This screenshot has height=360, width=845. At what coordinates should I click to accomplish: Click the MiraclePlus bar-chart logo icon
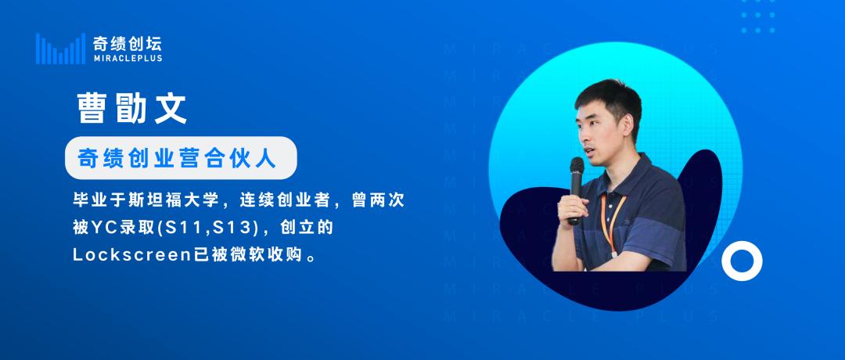click(x=59, y=49)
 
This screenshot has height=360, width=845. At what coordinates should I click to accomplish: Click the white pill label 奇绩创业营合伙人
click(x=181, y=159)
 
